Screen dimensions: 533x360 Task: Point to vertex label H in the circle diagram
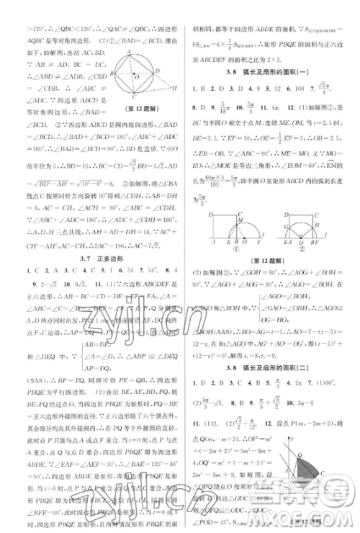click(x=174, y=88)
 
